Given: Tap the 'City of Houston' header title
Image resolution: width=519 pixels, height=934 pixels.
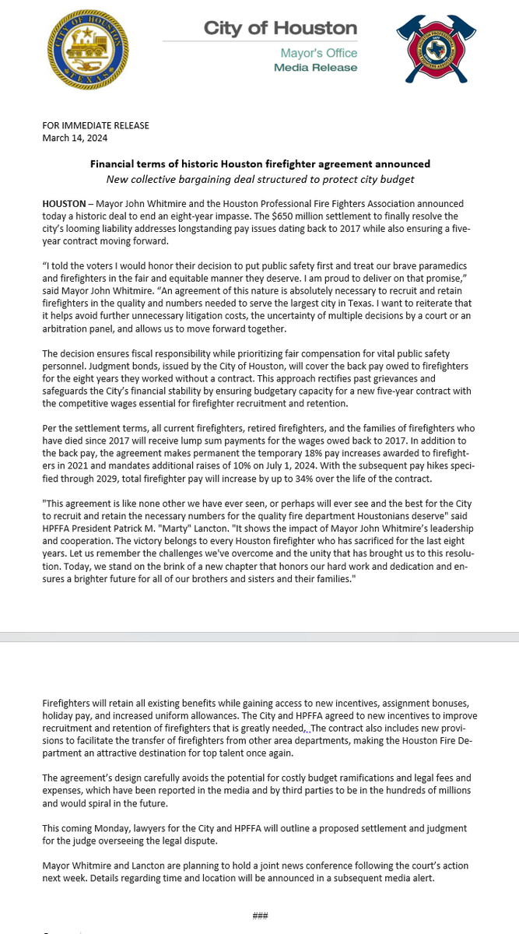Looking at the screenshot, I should [x=280, y=29].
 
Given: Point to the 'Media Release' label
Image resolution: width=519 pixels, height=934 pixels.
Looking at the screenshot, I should [x=315, y=68].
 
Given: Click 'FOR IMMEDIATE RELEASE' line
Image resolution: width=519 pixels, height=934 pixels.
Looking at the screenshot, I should [x=96, y=125].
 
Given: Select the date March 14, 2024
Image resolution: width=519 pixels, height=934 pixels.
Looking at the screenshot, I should [x=75, y=138].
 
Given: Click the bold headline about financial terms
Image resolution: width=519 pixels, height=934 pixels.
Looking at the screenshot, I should [x=260, y=164].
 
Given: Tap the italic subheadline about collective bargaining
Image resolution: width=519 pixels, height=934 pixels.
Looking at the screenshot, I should [x=260, y=180].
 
